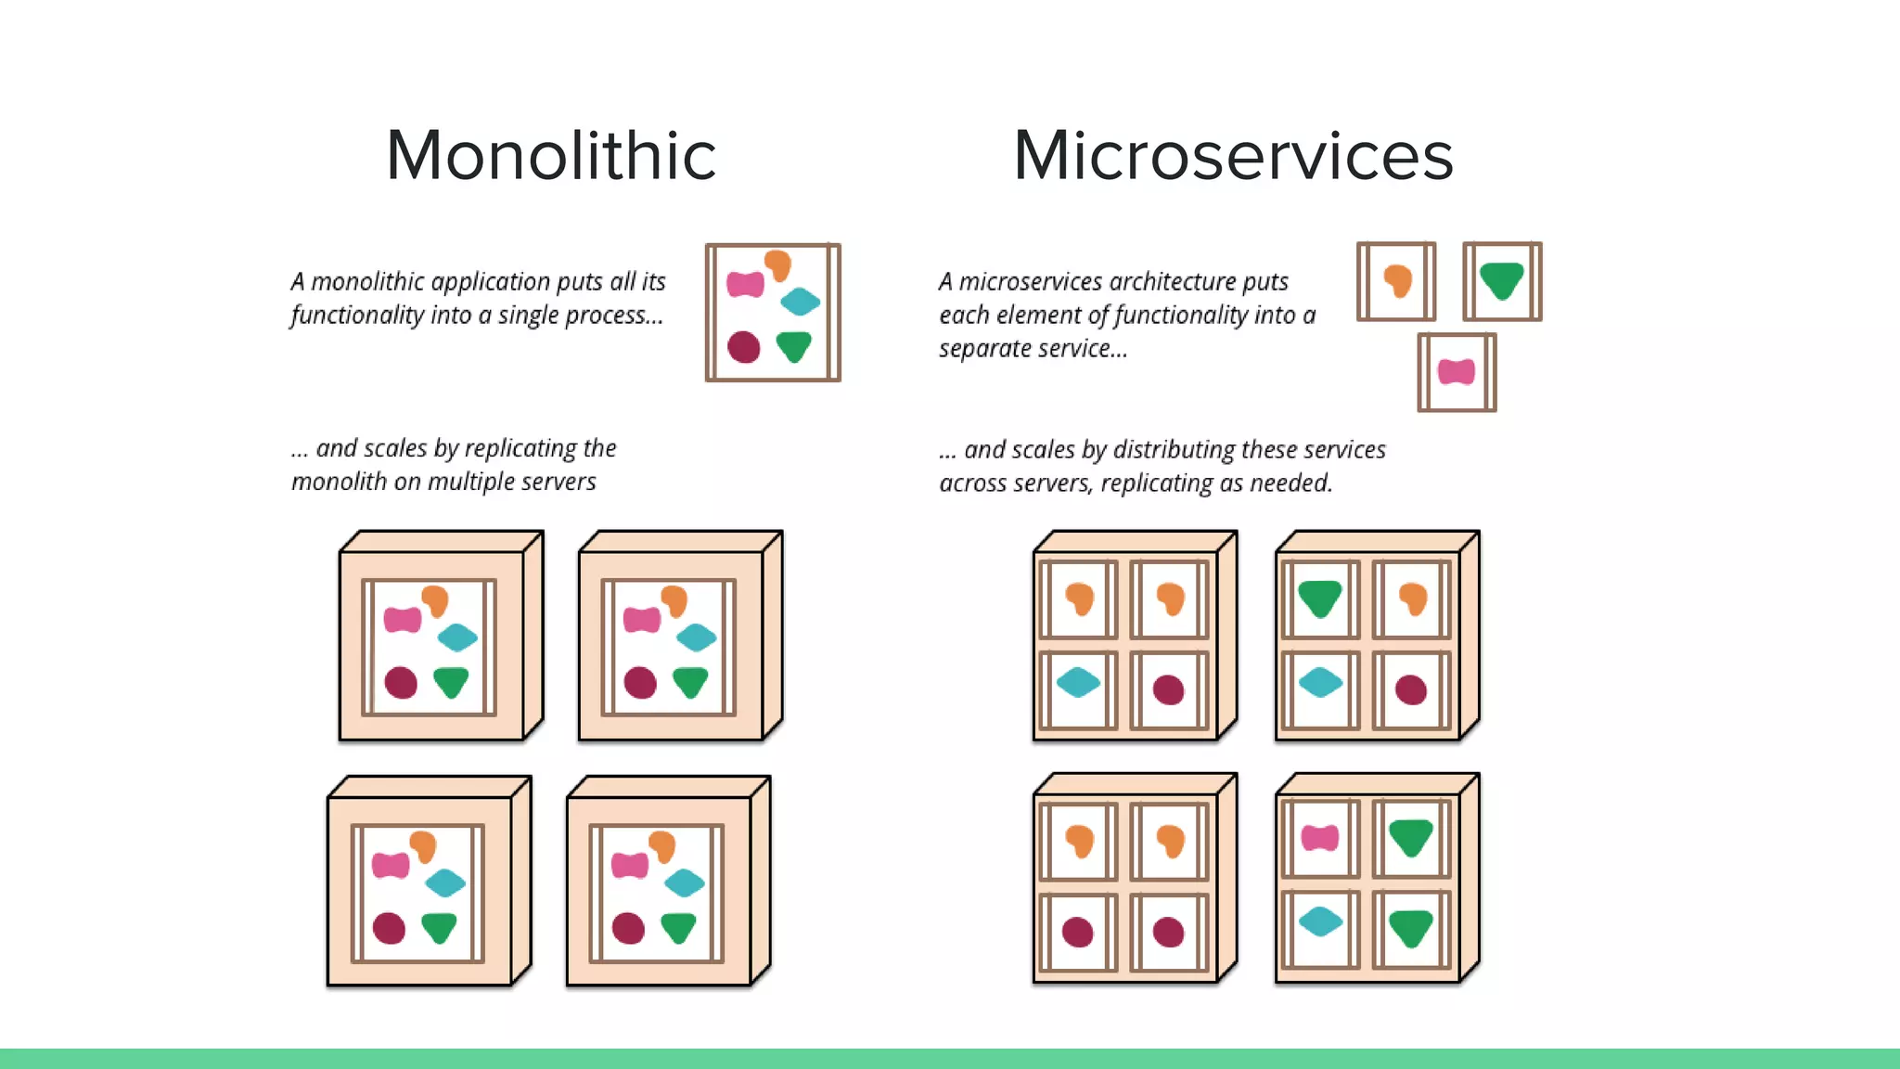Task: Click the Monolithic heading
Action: tap(551, 155)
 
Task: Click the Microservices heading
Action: tap(1233, 155)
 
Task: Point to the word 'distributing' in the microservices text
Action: tap(1174, 450)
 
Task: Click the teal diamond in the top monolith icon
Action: tap(800, 301)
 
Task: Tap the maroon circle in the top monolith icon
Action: tap(744, 347)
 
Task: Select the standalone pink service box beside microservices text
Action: tap(1457, 372)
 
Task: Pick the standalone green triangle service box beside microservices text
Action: tap(1502, 281)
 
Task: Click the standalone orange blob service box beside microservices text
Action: tap(1396, 281)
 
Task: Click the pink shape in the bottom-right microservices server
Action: tap(1319, 838)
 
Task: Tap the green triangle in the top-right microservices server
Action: tap(1319, 599)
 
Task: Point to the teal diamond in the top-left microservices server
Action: tap(1078, 683)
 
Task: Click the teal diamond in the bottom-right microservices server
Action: tap(1320, 921)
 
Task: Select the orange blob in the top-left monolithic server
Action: tap(434, 600)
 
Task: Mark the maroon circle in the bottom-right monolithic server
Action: tap(628, 928)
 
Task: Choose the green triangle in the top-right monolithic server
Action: tap(690, 682)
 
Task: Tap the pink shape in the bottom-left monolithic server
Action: tap(391, 866)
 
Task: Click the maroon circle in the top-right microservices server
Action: tap(1410, 689)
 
